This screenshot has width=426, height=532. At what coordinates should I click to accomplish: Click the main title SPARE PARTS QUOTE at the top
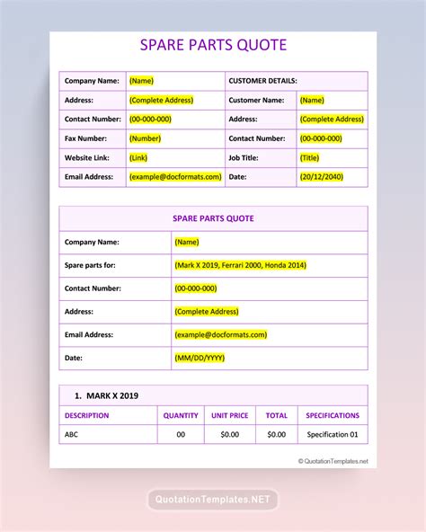tap(213, 45)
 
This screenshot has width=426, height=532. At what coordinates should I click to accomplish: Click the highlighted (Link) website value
tap(138, 158)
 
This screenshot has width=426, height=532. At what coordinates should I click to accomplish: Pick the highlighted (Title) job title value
tap(310, 158)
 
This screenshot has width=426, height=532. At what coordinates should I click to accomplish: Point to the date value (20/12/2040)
tap(322, 177)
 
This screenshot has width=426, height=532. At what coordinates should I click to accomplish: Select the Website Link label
tap(87, 158)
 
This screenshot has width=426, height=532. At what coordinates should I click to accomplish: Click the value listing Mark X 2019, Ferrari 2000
tap(239, 265)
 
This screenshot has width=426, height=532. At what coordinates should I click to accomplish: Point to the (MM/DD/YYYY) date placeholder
tap(200, 358)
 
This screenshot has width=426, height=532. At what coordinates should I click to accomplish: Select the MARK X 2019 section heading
tap(107, 395)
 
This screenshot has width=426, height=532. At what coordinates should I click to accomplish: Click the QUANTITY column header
tap(181, 415)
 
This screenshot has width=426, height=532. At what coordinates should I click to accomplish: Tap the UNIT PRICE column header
tap(229, 415)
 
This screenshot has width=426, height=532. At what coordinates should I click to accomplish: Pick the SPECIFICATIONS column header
tap(333, 415)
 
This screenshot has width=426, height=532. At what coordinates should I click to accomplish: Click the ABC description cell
tap(72, 435)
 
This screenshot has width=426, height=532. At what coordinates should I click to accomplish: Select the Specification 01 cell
tap(333, 435)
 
